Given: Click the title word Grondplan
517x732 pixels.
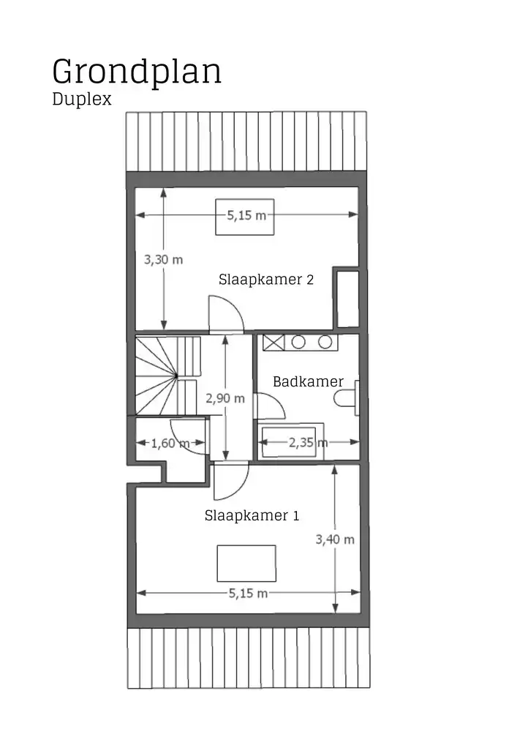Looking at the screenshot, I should (x=136, y=73).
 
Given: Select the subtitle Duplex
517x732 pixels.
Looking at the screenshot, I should (x=82, y=100).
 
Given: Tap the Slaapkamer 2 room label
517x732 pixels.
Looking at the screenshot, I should (x=266, y=280).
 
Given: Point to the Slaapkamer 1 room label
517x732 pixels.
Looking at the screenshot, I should (x=251, y=515).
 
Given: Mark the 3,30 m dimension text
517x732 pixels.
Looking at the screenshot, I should (x=163, y=259).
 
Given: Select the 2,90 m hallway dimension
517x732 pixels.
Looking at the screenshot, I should (x=225, y=399).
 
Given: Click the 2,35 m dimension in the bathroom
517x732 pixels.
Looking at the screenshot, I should (x=308, y=443).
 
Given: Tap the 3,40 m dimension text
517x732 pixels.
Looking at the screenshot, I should (x=335, y=539).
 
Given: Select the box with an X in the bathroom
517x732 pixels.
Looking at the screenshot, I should (x=273, y=342).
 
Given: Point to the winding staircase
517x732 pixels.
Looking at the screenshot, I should (x=167, y=376).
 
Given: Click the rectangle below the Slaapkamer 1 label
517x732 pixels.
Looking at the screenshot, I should (x=246, y=563).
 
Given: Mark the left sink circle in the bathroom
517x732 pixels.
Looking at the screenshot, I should (x=299, y=342).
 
